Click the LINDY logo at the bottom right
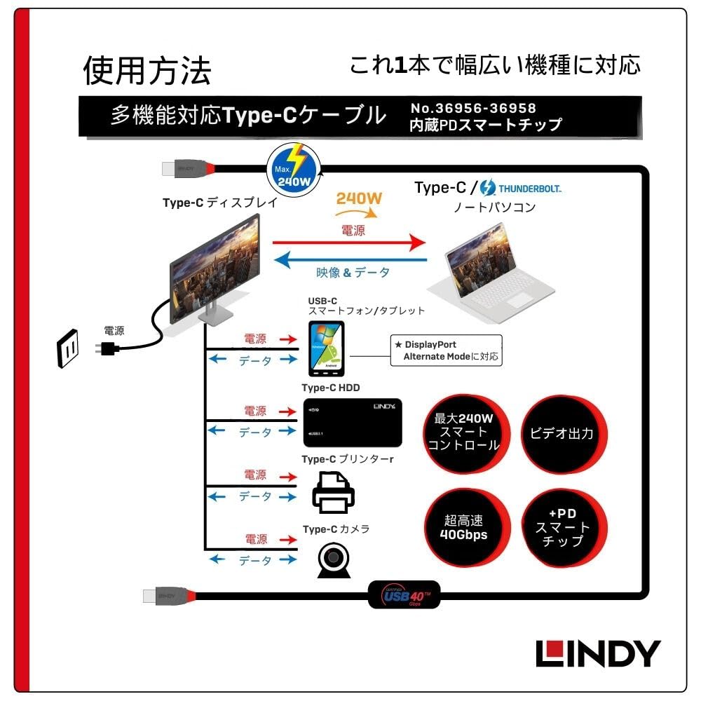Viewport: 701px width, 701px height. [598, 653]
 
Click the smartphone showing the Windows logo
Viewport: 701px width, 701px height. [326, 348]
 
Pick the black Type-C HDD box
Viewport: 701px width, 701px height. [352, 423]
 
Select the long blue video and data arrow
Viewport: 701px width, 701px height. [351, 259]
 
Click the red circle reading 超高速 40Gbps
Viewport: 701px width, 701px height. [464, 529]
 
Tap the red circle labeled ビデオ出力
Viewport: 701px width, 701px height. [562, 434]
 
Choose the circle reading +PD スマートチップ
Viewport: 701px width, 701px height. [562, 527]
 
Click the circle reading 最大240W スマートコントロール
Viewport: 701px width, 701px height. [464, 433]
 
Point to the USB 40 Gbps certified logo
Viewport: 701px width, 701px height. [404, 595]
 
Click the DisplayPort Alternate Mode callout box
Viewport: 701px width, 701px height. [447, 350]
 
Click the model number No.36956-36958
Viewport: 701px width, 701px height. [473, 108]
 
